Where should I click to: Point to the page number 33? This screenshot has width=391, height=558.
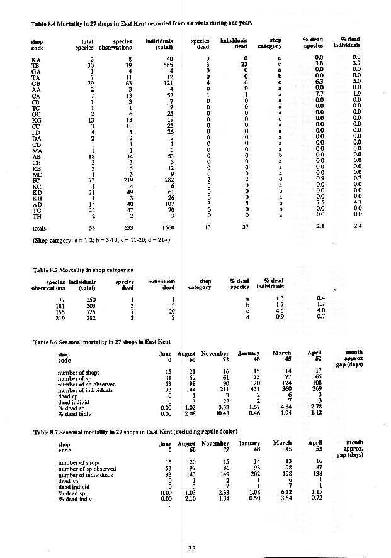coord(193,548)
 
